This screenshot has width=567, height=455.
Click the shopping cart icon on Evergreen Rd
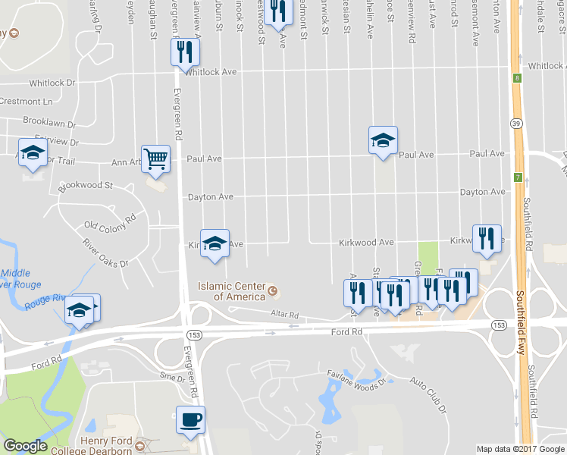point(155,158)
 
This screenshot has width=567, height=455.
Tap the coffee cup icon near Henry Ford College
point(190,419)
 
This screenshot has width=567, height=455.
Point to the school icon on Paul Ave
point(383,140)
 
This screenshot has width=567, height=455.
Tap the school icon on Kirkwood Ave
point(215,243)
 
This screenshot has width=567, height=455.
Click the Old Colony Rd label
point(110,221)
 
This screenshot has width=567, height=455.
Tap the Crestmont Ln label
point(27,102)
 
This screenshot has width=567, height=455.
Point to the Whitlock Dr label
point(53,83)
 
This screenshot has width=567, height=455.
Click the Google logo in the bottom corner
point(25,446)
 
